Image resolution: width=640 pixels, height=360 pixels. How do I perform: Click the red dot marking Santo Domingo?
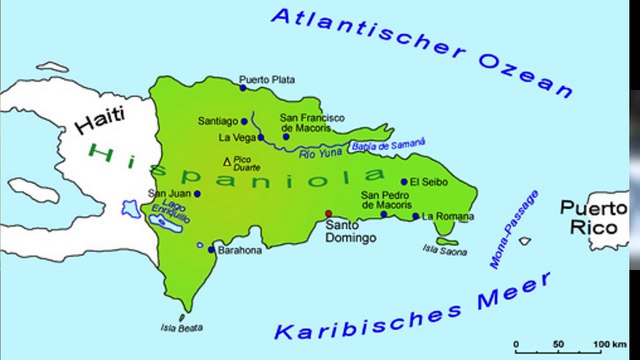329,213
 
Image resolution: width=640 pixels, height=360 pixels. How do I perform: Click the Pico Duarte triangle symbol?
227,160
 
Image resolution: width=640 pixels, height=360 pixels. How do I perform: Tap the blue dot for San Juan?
197,194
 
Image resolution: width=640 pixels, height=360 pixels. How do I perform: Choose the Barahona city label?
240,250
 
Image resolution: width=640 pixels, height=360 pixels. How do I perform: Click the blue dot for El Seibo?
404,182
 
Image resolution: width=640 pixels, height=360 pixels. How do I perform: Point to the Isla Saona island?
447,240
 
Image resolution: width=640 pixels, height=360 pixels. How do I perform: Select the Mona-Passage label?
513,229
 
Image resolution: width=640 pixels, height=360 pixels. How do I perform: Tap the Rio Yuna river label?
323,152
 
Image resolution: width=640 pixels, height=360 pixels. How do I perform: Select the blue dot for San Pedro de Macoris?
384,213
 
